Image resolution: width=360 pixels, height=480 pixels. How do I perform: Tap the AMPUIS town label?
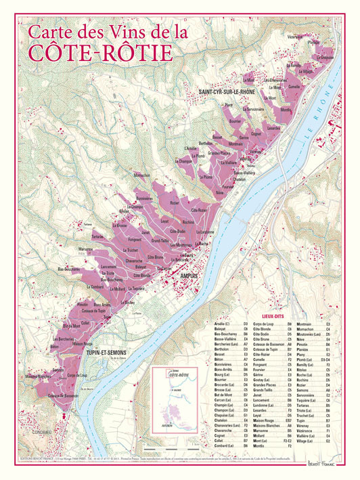(192, 276)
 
